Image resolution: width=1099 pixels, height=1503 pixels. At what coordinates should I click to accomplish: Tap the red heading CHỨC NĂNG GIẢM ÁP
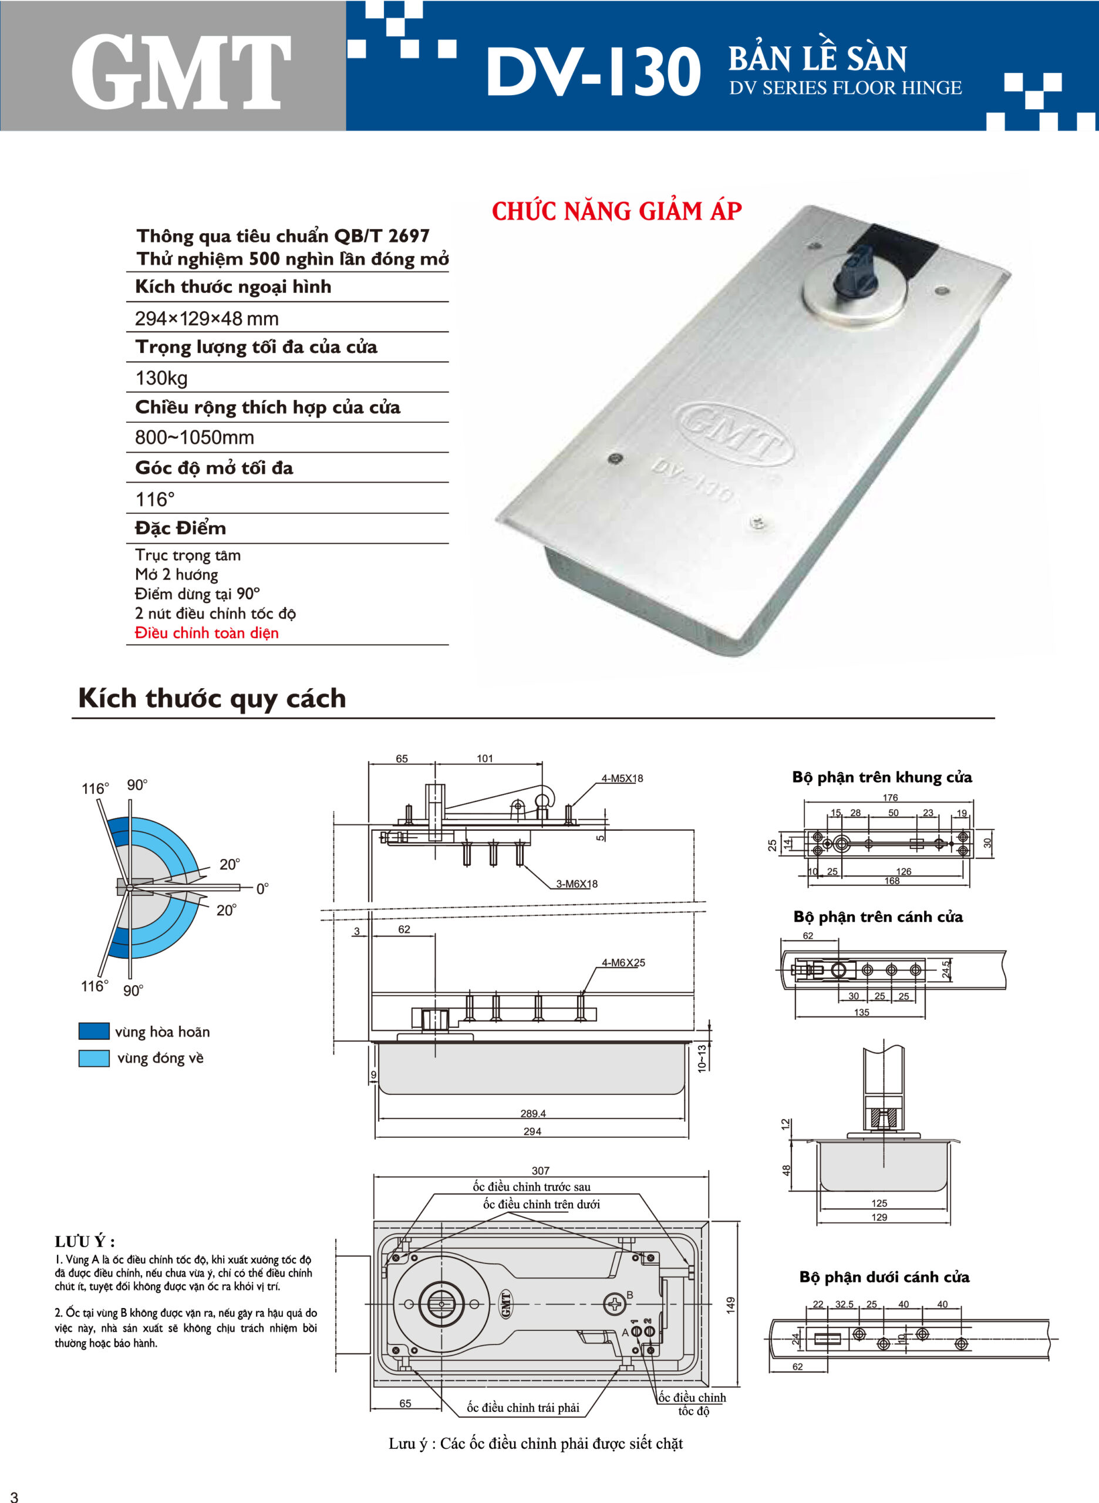[616, 211]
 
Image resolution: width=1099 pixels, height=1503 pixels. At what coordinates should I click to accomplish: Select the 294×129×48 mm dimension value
[206, 319]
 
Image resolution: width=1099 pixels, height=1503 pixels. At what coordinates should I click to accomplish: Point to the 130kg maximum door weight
[161, 379]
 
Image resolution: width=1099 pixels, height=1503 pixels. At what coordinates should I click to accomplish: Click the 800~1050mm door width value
[194, 438]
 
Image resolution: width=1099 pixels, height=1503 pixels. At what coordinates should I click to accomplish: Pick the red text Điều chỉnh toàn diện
[206, 633]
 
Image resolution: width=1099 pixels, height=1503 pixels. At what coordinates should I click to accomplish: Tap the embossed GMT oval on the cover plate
[733, 433]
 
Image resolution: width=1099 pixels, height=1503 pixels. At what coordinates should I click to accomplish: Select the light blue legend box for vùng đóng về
[94, 1058]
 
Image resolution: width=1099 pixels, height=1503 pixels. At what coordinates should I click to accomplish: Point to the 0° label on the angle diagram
[262, 889]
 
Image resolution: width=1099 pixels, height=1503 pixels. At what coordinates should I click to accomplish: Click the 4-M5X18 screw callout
[622, 779]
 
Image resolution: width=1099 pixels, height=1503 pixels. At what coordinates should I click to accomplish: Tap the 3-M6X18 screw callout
[577, 884]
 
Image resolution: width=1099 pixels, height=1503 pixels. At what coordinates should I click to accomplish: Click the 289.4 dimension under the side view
[533, 1113]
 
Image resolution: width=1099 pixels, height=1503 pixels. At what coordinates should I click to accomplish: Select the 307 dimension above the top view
[540, 1170]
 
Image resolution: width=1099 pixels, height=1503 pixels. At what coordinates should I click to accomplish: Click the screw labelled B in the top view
[613, 1303]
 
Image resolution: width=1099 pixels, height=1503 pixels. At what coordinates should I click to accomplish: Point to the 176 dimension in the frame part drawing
[890, 798]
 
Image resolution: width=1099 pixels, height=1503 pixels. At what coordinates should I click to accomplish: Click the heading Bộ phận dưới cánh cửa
[884, 1277]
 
